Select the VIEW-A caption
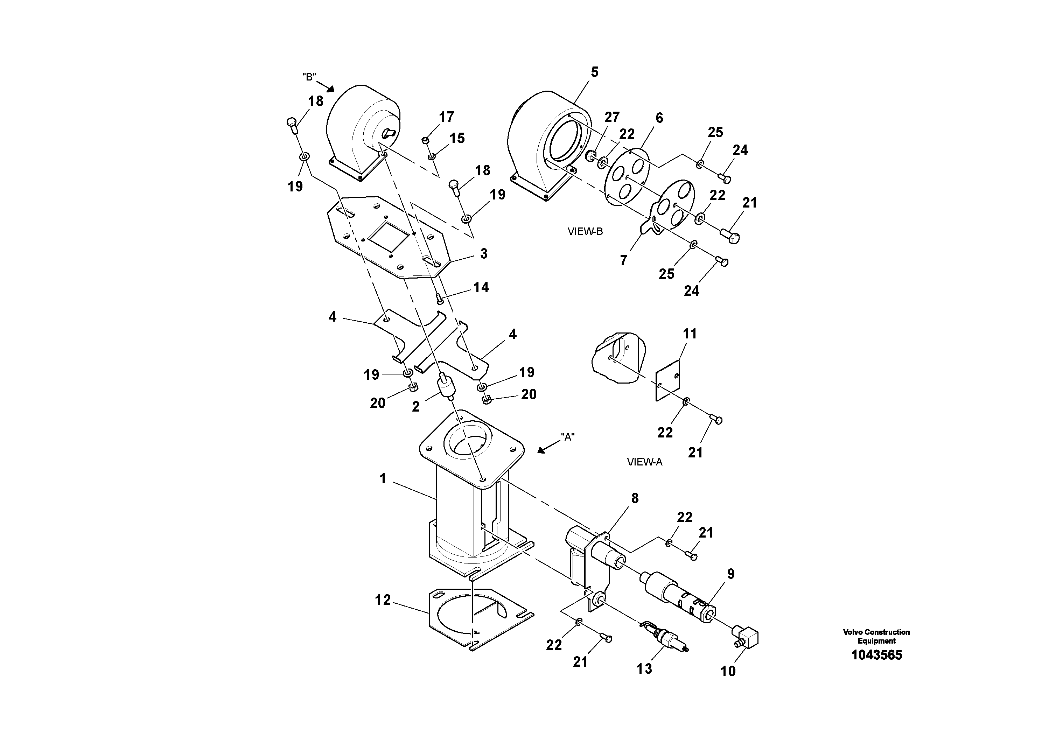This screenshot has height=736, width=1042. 644,462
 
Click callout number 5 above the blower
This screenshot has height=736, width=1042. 594,72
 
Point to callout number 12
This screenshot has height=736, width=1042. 383,600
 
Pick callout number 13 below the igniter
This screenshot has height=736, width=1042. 644,668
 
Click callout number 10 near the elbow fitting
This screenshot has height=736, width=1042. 728,671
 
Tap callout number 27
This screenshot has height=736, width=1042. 612,117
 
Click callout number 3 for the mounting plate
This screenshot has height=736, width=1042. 484,254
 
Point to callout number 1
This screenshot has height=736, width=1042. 383,479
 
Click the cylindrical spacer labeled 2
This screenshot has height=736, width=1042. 445,386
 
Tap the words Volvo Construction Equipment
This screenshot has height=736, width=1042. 876,636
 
